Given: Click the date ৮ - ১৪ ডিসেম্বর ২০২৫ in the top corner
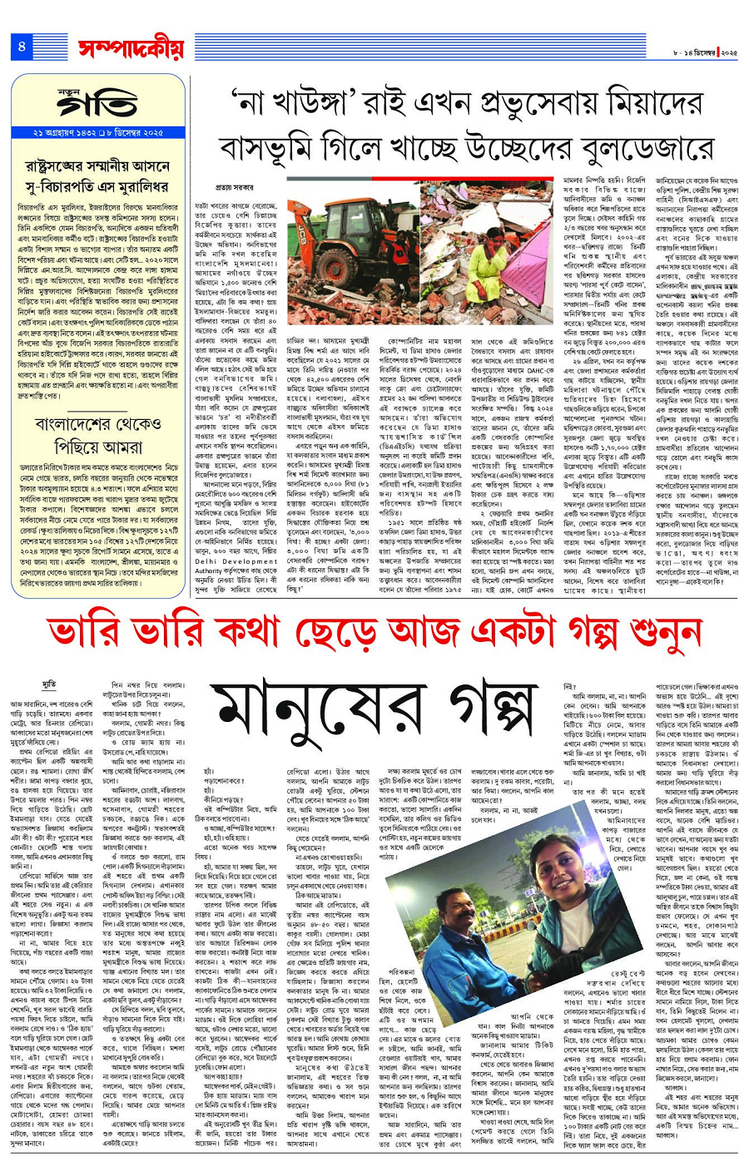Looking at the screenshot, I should tap(705, 52).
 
